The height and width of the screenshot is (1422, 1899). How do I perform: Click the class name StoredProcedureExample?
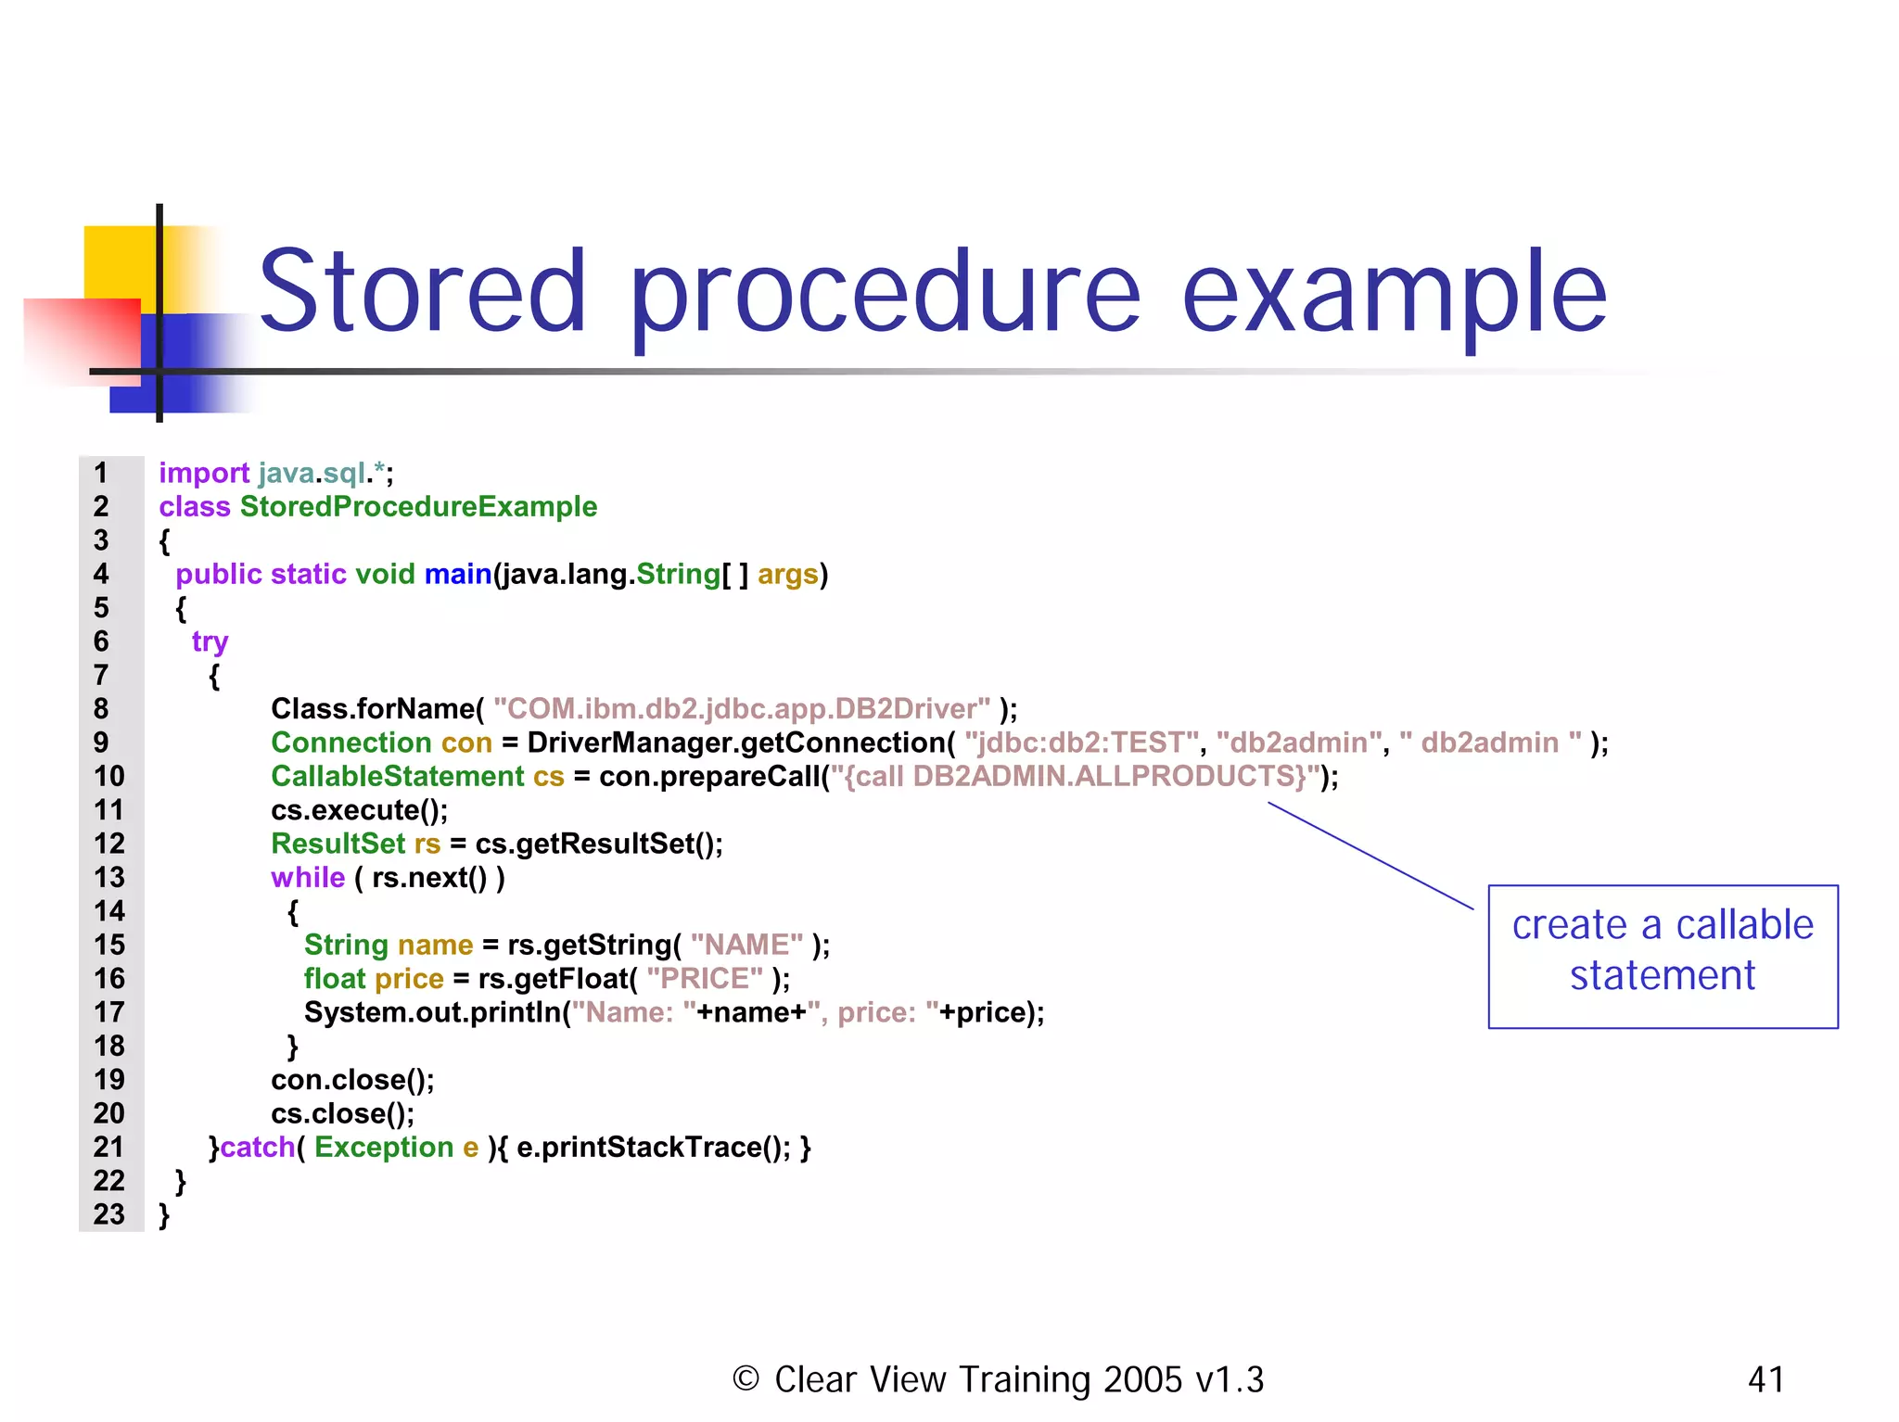coord(418,507)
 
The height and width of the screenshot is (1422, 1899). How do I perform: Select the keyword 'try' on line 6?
coord(210,641)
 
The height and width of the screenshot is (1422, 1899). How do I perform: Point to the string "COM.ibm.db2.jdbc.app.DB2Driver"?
coord(742,709)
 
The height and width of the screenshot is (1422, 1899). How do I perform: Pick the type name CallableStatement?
coord(398,777)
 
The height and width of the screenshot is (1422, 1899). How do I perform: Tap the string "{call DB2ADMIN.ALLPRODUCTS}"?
coord(1075,777)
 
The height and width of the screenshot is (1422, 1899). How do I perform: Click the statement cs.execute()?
coord(359,810)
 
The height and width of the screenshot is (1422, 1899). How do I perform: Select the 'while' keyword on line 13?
coord(308,878)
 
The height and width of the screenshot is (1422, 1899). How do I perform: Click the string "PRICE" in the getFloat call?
coord(705,979)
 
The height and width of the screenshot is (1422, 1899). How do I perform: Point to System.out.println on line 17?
coord(432,1012)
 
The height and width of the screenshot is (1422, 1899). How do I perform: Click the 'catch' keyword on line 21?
coord(257,1148)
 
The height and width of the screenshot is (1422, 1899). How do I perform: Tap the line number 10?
coord(109,777)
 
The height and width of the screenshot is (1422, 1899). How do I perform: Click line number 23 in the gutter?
coord(109,1214)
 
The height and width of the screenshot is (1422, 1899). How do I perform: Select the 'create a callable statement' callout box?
coord(1662,956)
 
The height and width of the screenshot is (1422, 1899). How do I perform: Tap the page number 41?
coord(1765,1379)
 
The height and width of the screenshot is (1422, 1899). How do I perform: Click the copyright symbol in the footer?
coord(746,1378)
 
